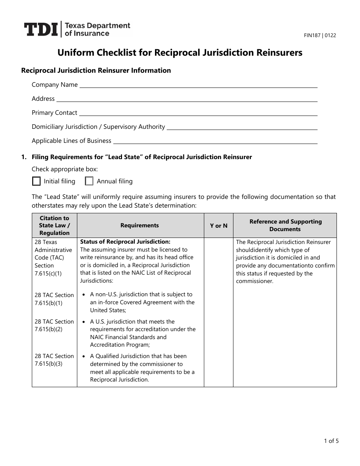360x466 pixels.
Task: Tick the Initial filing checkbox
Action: pyautogui.click(x=36, y=181)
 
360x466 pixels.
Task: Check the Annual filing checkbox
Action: pyautogui.click(x=89, y=181)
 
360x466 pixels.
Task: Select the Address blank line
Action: pyautogui.click(x=187, y=101)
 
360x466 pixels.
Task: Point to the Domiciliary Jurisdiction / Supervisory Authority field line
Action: pyautogui.click(x=242, y=129)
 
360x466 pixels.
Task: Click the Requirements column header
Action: pyautogui.click(x=140, y=225)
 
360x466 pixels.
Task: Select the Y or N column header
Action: pyautogui.click(x=219, y=225)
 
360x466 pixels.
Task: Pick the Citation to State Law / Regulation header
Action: pyautogui.click(x=55, y=225)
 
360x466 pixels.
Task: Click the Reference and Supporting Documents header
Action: pyautogui.click(x=285, y=225)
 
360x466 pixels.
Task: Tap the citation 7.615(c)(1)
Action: pyautogui.click(x=48, y=273)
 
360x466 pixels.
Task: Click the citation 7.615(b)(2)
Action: pyautogui.click(x=49, y=329)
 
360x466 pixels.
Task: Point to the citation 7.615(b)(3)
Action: pyautogui.click(x=49, y=363)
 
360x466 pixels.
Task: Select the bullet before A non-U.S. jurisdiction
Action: pyautogui.click(x=83, y=294)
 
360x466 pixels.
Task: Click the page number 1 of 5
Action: pyautogui.click(x=331, y=441)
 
